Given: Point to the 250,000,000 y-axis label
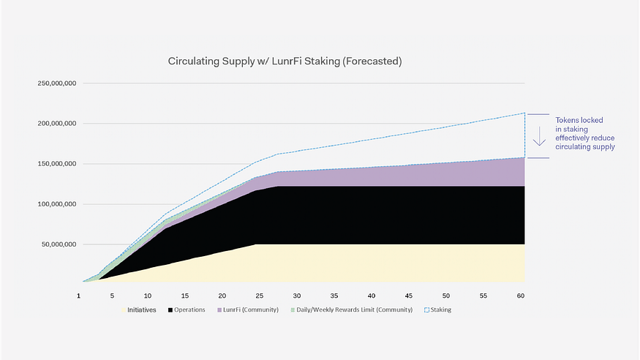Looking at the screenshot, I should [57, 83].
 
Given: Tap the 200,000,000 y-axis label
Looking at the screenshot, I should [57, 124].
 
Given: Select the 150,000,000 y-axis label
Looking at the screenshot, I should [57, 164].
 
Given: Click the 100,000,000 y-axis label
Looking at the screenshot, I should [57, 204].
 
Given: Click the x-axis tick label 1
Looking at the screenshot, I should [79, 295].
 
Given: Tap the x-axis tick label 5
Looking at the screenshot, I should [112, 295].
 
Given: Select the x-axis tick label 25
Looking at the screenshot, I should [259, 295].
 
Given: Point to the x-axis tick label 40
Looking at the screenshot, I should [372, 295].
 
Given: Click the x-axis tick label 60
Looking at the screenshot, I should [520, 295].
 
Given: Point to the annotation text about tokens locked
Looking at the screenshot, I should [584, 133].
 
